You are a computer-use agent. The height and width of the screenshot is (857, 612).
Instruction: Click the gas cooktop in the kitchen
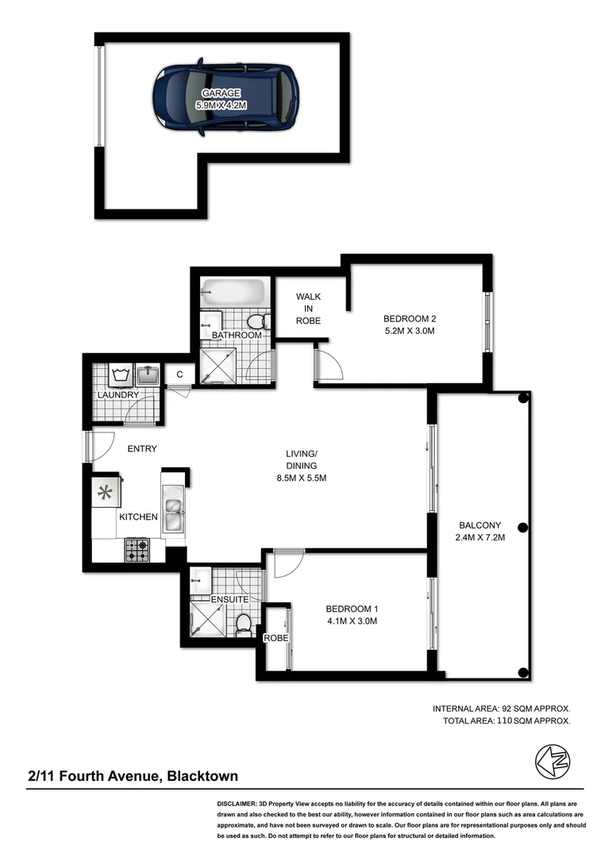(137, 548)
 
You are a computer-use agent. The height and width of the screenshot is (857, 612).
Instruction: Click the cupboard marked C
(179, 375)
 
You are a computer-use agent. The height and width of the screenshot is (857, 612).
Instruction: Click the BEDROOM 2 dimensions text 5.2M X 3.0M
(410, 332)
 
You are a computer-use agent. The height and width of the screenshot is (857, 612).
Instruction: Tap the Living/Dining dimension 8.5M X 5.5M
(301, 478)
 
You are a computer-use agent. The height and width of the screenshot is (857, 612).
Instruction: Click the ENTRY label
(142, 449)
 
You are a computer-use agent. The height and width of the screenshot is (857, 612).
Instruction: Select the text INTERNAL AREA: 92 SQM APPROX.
(501, 708)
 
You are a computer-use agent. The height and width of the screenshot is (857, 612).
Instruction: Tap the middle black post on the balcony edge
(522, 528)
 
